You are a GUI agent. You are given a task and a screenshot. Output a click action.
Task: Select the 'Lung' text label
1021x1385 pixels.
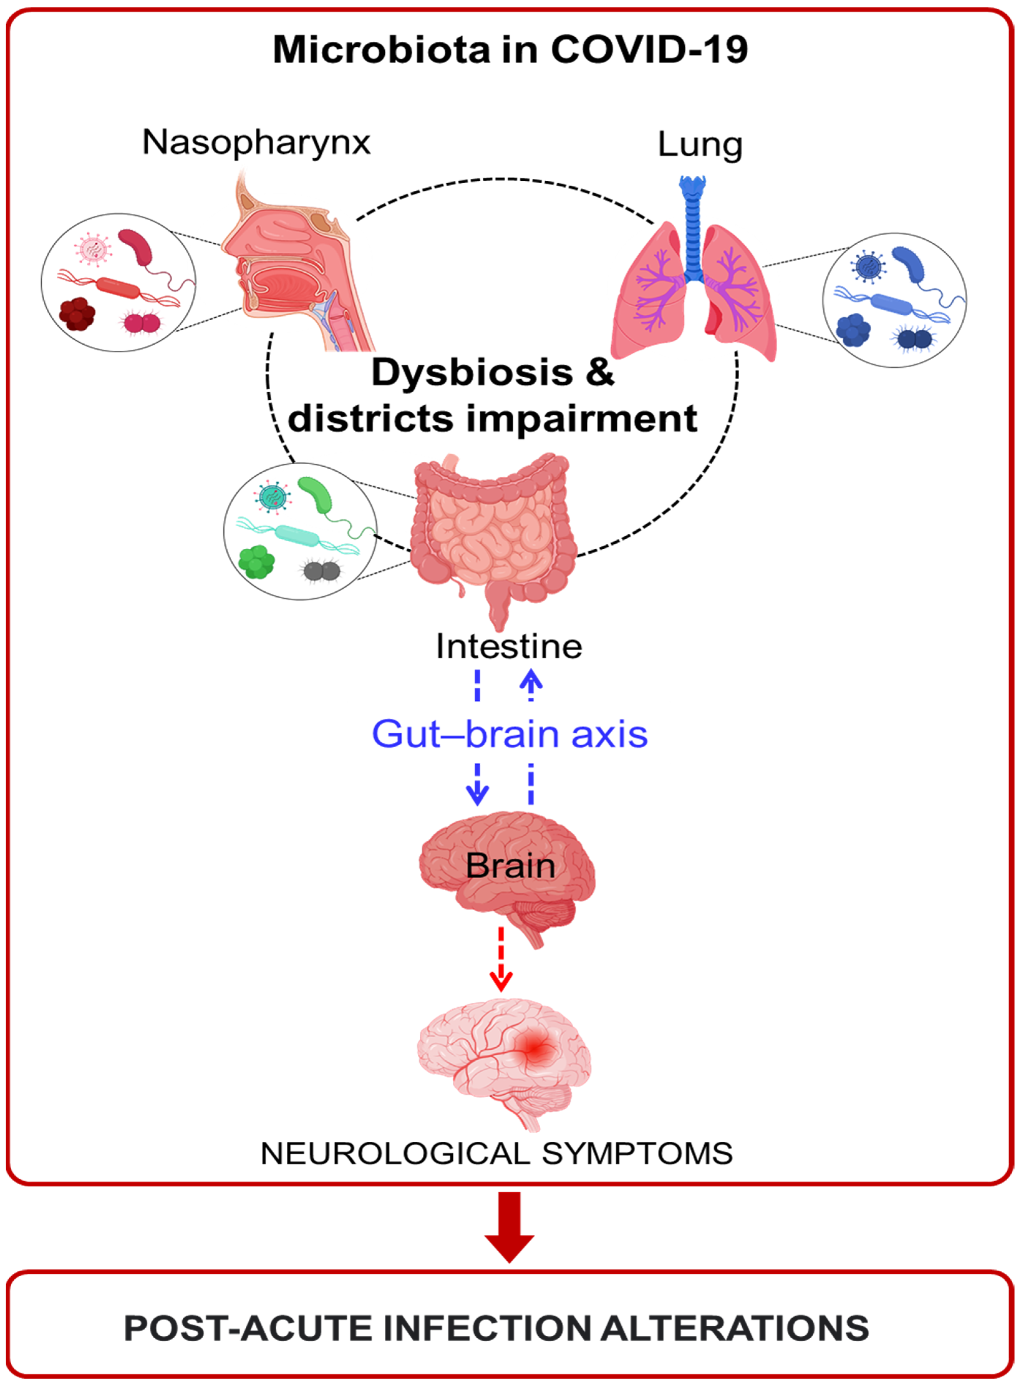[700, 145]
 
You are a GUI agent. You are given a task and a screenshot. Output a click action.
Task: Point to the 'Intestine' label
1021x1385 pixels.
[509, 646]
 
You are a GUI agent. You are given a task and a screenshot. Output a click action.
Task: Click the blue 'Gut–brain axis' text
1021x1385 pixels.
[509, 734]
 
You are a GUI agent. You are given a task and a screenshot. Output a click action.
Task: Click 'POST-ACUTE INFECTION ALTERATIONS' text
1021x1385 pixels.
[496, 1328]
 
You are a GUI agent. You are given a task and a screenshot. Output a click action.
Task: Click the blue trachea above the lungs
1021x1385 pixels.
[693, 229]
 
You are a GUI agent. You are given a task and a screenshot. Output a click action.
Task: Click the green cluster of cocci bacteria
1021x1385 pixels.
[257, 561]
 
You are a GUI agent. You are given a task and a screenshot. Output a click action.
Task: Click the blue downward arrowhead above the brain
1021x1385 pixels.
[477, 794]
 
